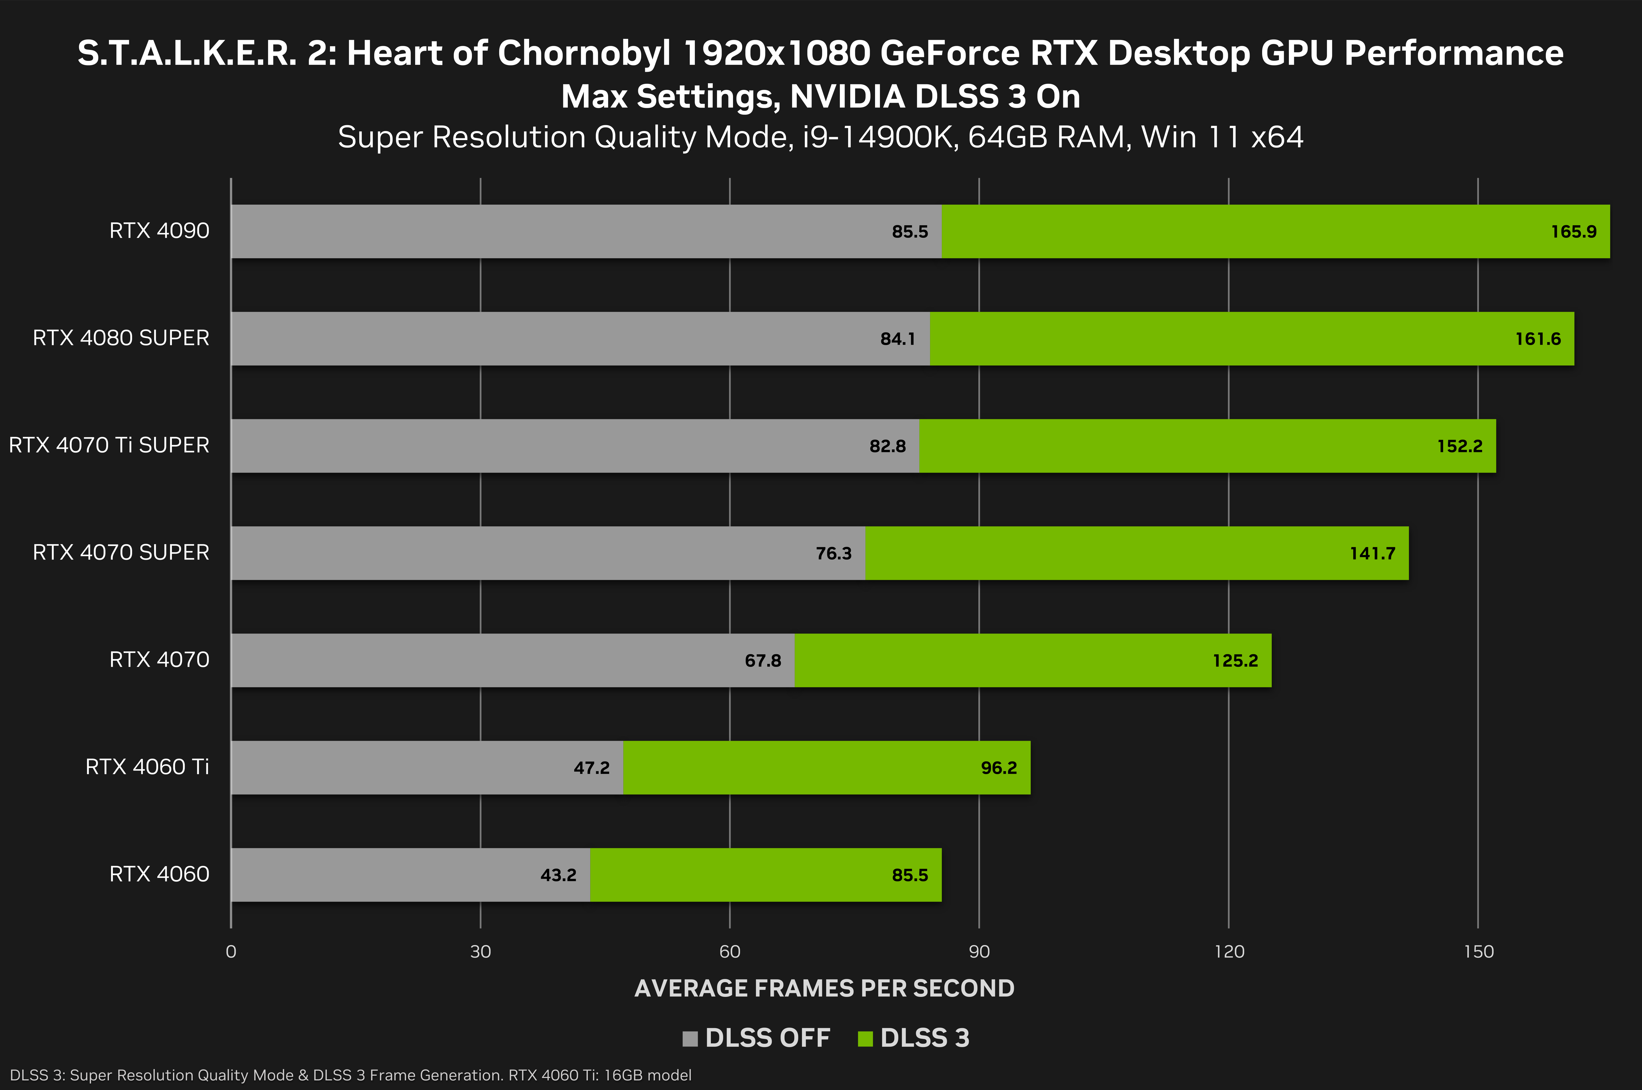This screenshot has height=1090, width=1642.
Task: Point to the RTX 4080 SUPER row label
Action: click(x=121, y=338)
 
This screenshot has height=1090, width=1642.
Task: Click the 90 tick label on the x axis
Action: click(x=979, y=952)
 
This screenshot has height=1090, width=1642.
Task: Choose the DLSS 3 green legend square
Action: click(x=865, y=1039)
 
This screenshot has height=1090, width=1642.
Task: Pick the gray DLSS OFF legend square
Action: click(x=690, y=1039)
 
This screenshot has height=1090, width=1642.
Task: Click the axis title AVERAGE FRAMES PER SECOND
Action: click(x=824, y=988)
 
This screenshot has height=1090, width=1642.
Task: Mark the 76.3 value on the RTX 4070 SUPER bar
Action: click(x=833, y=553)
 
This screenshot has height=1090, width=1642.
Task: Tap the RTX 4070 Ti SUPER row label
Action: click(x=109, y=445)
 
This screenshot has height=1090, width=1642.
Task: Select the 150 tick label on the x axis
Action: click(x=1478, y=952)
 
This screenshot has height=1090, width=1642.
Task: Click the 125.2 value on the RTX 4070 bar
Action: click(x=1235, y=660)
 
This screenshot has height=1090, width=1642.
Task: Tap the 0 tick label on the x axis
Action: click(x=231, y=952)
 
